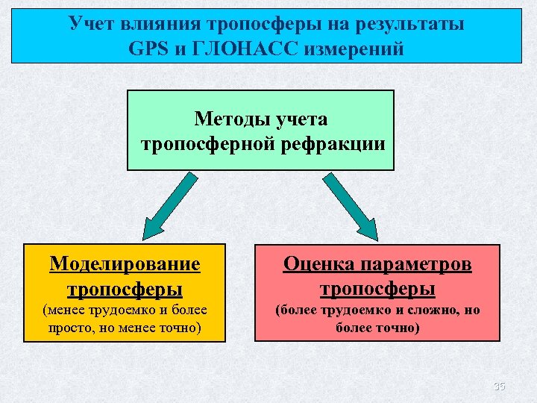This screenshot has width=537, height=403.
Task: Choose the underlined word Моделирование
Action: point(125,264)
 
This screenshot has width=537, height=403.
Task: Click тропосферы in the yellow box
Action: point(125,287)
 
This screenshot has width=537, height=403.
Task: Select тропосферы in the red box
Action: point(377,287)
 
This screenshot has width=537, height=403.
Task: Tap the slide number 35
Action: point(500,386)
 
